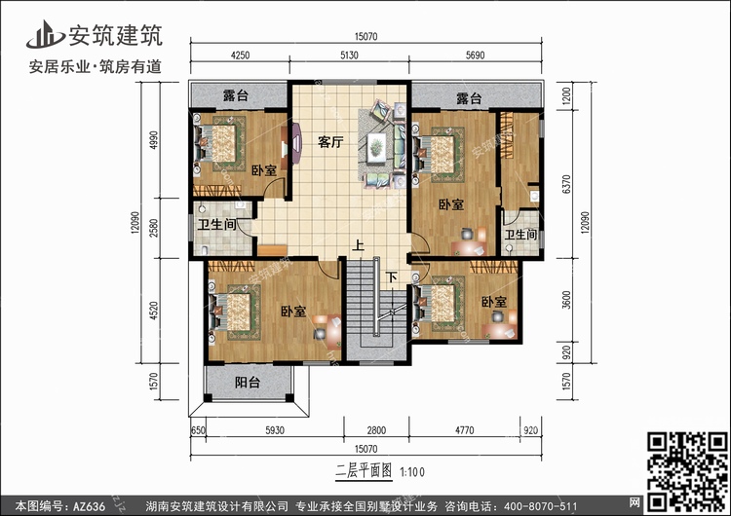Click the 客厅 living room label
[x=330, y=141]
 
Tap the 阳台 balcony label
[x=248, y=383]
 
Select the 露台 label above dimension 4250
[x=236, y=96]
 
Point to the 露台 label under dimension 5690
[x=469, y=98]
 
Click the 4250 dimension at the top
[x=240, y=55]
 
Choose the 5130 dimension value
[x=349, y=55]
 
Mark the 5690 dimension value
[x=475, y=55]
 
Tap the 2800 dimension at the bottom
[x=376, y=430]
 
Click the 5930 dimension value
[x=275, y=430]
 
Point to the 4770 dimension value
[x=464, y=430]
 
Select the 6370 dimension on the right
[x=566, y=184]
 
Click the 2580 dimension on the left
[x=154, y=228]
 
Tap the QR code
[x=687, y=470]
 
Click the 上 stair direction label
[x=358, y=245]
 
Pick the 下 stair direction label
[x=391, y=278]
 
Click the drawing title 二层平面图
[x=365, y=471]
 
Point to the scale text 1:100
[x=412, y=472]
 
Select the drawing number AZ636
[x=88, y=506]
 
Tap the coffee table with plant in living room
[x=376, y=148]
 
